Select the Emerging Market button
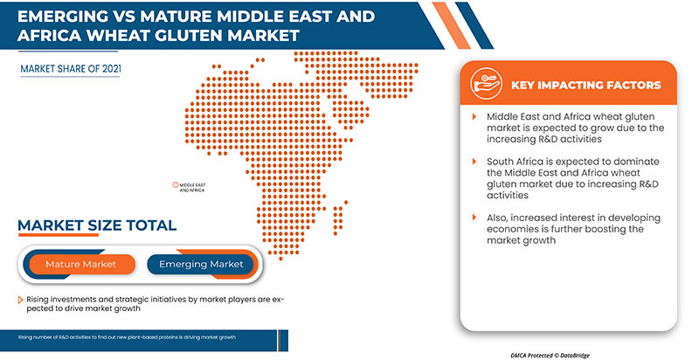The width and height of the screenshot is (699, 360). [x=201, y=263]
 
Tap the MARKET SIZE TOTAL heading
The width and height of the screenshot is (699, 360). [x=97, y=225]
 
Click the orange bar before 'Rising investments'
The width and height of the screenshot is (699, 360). [x=20, y=300]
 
